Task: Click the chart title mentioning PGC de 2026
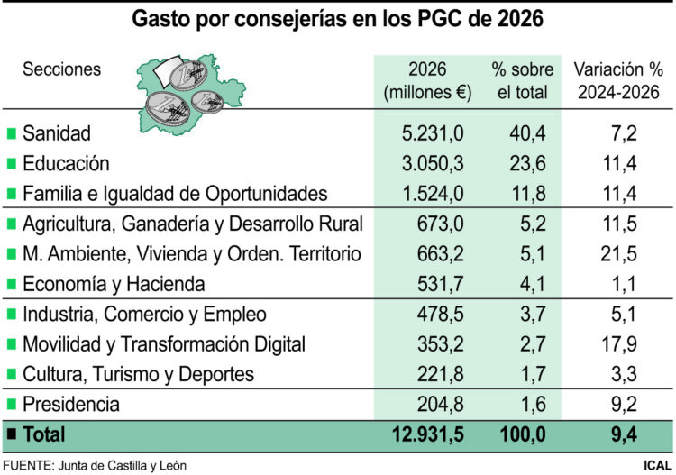pyautogui.click(x=338, y=18)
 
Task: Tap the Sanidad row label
pyautogui.click(x=57, y=133)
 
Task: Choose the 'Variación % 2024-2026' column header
pyautogui.click(x=618, y=80)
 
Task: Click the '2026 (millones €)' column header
pyautogui.click(x=427, y=80)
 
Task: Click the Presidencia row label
pyautogui.click(x=71, y=404)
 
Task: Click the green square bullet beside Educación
pyautogui.click(x=12, y=164)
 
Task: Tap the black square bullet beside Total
pyautogui.click(x=12, y=434)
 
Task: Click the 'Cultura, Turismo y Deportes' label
pyautogui.click(x=138, y=373)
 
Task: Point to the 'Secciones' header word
pyautogui.click(x=61, y=69)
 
